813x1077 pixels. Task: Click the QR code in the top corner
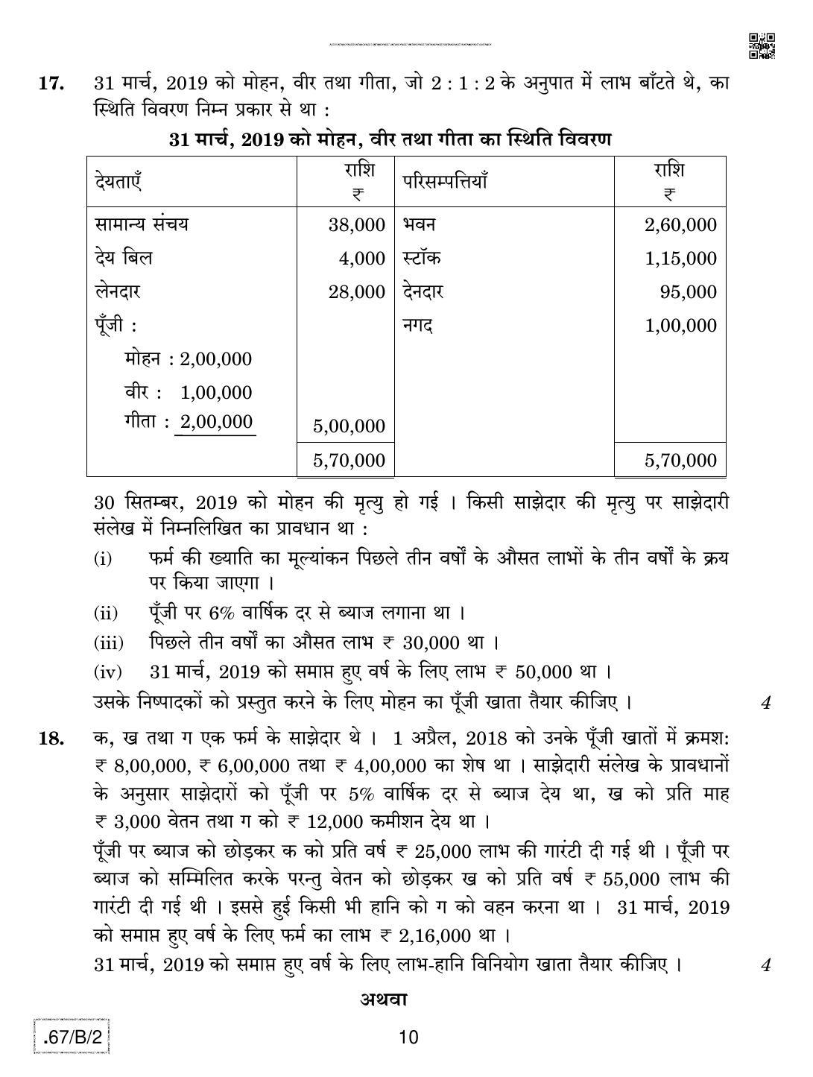point(761,45)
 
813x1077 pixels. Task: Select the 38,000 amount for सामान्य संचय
point(357,225)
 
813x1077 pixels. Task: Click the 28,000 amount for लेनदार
point(357,292)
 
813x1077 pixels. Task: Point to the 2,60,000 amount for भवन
point(680,225)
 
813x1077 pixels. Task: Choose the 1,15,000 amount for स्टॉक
point(680,259)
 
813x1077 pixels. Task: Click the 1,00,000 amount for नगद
point(680,326)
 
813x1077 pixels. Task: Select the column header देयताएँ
point(119,181)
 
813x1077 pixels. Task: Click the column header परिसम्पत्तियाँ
point(445,181)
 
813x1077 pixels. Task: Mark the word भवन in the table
point(420,224)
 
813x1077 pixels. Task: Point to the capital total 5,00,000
point(349,426)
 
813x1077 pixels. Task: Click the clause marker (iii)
point(109,643)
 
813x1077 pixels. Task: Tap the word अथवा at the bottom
point(384,999)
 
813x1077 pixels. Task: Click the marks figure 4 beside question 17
point(765,702)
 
